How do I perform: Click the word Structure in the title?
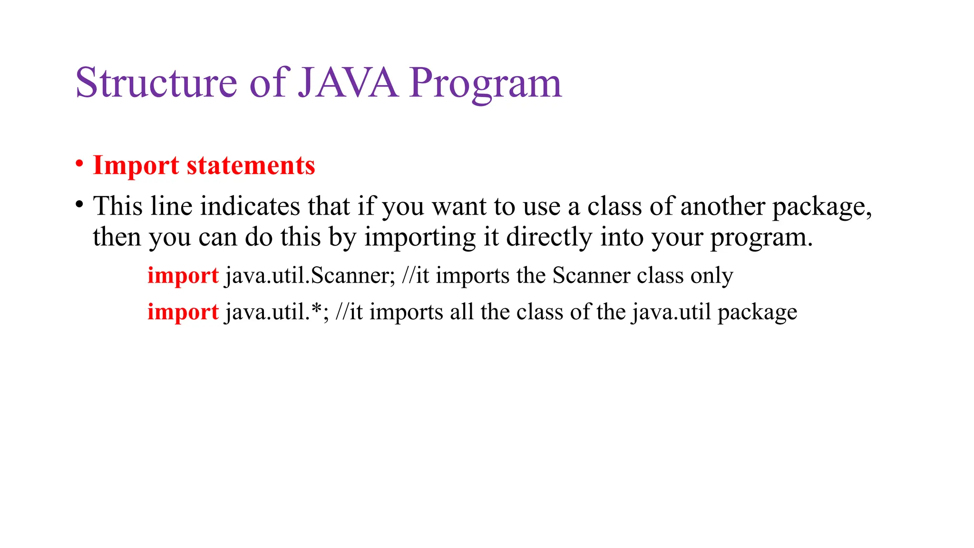pyautogui.click(x=156, y=83)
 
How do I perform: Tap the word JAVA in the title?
pyautogui.click(x=348, y=83)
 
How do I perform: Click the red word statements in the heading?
pyautogui.click(x=251, y=166)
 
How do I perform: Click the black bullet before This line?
pyautogui.click(x=79, y=205)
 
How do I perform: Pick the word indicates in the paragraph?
pyautogui.click(x=250, y=206)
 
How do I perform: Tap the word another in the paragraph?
pyautogui.click(x=722, y=206)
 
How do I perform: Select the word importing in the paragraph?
pyautogui.click(x=420, y=237)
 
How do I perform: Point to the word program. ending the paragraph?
pyautogui.click(x=761, y=237)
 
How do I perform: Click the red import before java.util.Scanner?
pyautogui.click(x=183, y=275)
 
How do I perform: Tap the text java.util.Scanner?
pyautogui.click(x=310, y=275)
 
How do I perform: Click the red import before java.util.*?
pyautogui.click(x=183, y=312)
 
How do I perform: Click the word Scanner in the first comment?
pyautogui.click(x=591, y=275)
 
